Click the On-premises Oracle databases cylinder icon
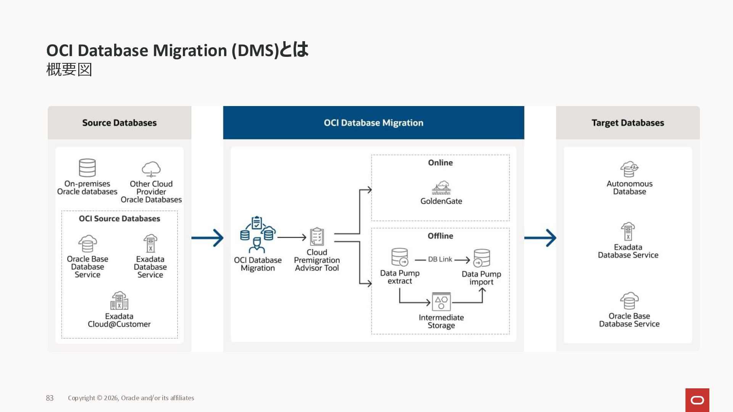coord(87,168)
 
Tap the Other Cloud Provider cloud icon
coord(151,169)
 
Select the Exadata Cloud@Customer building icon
coord(119,301)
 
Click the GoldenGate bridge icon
coord(441,188)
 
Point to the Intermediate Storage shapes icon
coord(441,302)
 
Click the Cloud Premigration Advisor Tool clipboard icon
coord(317,237)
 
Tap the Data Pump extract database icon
coord(400,257)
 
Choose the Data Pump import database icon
coord(481,258)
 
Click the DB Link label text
coord(440,259)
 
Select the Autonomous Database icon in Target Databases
coord(629,169)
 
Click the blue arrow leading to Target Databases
coord(540,238)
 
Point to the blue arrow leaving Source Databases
coord(207,238)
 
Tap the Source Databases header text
coord(119,123)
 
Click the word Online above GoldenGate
coord(441,163)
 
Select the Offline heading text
coord(441,236)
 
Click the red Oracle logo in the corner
coord(697,400)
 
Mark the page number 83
coord(50,398)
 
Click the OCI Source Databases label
coord(119,219)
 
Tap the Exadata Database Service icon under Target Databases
coord(628,232)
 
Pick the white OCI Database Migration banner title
coord(373,123)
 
